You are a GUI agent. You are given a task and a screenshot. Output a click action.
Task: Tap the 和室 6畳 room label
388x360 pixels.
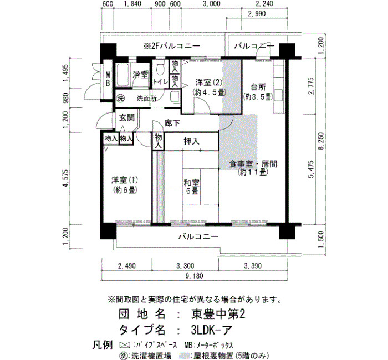pyautogui.click(x=192, y=187)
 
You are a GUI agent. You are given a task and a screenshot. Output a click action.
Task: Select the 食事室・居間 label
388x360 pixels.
pyautogui.click(x=253, y=164)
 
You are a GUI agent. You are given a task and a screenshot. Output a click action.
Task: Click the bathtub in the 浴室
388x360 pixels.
pyautogui.click(x=123, y=74)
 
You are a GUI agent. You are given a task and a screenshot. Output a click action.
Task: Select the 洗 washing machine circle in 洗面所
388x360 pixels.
pyautogui.click(x=120, y=99)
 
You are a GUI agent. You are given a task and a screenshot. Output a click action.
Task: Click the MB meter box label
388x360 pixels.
pyautogui.click(x=108, y=79)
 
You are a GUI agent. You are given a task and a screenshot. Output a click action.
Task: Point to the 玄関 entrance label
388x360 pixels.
pyautogui.click(x=127, y=117)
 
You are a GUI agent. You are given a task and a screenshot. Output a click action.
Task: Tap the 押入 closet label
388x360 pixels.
pyautogui.click(x=192, y=141)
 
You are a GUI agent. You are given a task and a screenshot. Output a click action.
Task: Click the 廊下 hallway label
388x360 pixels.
pyautogui.click(x=172, y=123)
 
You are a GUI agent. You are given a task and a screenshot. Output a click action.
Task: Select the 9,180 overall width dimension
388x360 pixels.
pyautogui.click(x=194, y=276)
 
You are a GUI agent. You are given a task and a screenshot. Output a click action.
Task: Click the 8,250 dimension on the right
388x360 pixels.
pyautogui.click(x=321, y=141)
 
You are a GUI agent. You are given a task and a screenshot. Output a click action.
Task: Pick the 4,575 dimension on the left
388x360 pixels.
pyautogui.click(x=65, y=178)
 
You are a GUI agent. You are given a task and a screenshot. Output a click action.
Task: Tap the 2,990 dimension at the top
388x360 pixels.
pyautogui.click(x=257, y=13)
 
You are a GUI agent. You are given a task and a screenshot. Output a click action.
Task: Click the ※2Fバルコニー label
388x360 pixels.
pyautogui.click(x=172, y=46)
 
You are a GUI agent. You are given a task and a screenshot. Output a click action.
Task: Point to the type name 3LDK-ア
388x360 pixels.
pyautogui.click(x=212, y=330)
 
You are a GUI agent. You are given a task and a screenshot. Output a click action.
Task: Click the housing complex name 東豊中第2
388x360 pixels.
pyautogui.click(x=218, y=314)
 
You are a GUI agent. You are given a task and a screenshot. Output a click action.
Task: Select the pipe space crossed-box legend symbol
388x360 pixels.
pyautogui.click(x=125, y=345)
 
